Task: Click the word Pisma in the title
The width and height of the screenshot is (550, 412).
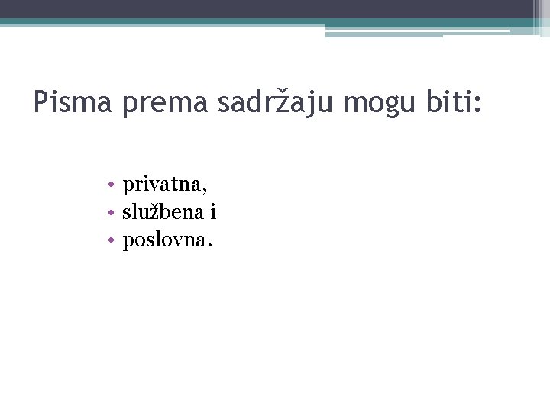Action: (73, 102)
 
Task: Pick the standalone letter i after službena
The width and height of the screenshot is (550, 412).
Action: (214, 212)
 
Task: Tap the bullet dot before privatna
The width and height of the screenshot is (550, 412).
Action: (112, 185)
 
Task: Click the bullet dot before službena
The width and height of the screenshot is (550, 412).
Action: (112, 213)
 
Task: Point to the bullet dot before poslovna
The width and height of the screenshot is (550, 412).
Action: (112, 241)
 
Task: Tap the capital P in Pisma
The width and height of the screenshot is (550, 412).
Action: (41, 101)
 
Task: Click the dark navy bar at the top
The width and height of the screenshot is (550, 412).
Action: (267, 8)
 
